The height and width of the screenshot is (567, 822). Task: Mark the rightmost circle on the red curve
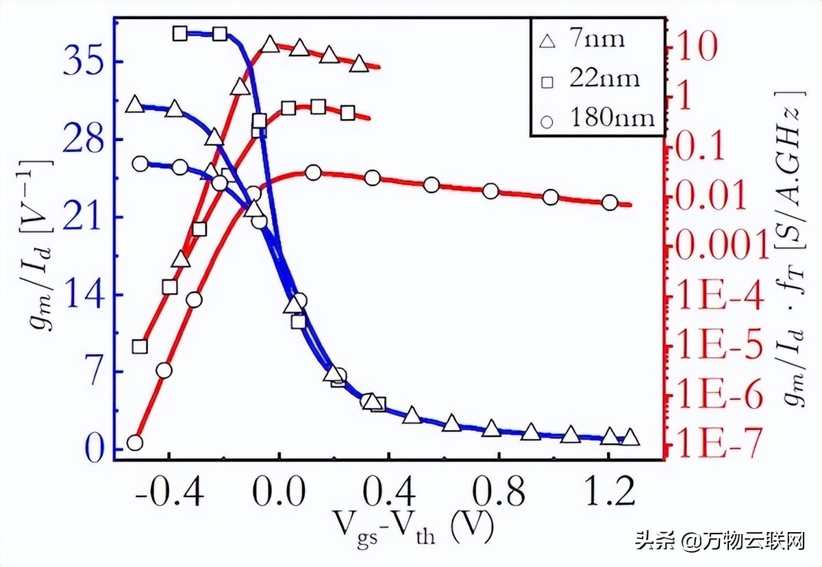610,203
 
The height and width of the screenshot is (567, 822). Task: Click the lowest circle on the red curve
135,442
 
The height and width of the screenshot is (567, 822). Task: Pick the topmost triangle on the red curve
270,45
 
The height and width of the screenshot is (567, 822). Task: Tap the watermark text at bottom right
719,543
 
